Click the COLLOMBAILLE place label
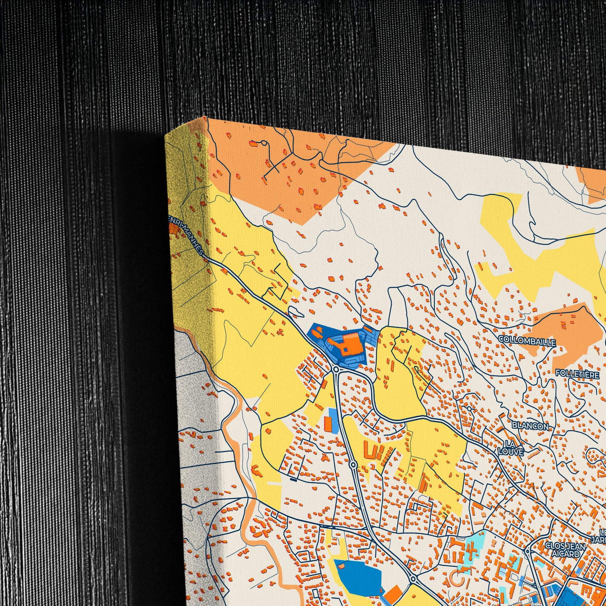(527, 341)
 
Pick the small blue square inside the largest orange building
(345, 349)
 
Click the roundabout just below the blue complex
(336, 370)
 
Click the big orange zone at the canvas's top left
(282, 176)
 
